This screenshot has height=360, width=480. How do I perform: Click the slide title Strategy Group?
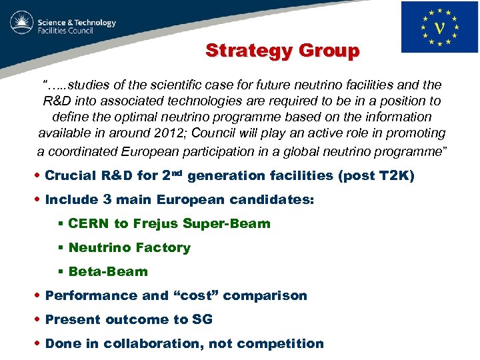click(282, 51)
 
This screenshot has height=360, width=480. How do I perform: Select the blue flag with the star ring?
click(439, 27)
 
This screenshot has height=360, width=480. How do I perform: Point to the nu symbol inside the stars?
click(439, 27)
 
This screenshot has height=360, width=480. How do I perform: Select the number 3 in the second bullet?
click(107, 200)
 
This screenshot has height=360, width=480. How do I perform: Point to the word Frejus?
click(154, 224)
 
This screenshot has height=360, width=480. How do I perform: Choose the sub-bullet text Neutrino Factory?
click(129, 248)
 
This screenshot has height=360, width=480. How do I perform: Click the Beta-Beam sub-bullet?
click(108, 272)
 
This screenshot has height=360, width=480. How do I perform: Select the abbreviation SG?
click(201, 319)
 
